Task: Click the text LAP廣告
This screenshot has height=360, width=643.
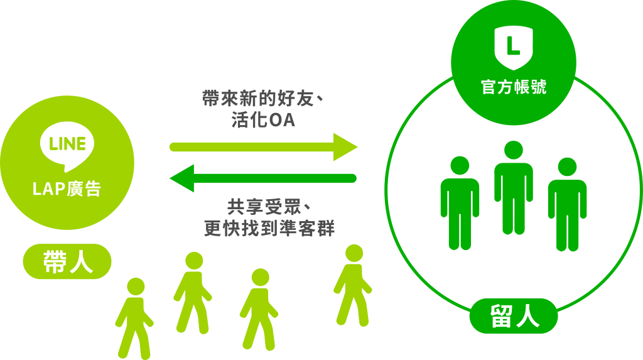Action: click(x=67, y=189)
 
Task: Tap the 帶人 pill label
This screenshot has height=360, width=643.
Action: click(x=67, y=261)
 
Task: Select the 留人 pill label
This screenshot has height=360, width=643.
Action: click(x=514, y=315)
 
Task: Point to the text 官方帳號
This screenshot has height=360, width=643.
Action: click(x=514, y=87)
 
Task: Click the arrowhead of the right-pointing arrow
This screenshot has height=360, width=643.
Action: click(x=345, y=147)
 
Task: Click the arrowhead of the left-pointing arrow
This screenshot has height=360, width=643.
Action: click(x=182, y=178)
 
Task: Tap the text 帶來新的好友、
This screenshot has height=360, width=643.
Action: click(x=263, y=99)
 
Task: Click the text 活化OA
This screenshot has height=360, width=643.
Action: click(x=263, y=120)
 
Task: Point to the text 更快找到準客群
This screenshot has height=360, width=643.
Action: click(x=269, y=228)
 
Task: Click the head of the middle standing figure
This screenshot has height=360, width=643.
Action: click(x=514, y=150)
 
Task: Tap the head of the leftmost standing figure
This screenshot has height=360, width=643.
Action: click(x=460, y=165)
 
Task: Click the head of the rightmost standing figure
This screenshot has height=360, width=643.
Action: click(x=568, y=166)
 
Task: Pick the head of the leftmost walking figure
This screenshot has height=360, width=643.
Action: click(x=136, y=286)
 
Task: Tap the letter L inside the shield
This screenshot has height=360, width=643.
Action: click(x=513, y=45)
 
